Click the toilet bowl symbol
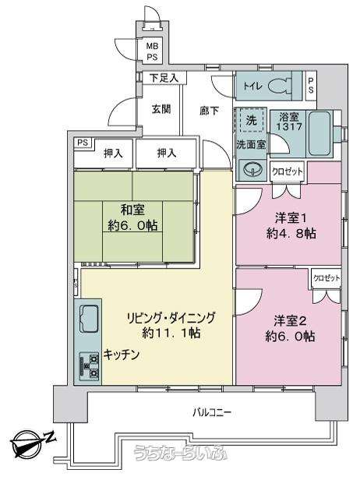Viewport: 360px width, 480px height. point(279,86)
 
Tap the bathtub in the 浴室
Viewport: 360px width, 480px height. point(319,133)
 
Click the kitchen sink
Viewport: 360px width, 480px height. point(88,319)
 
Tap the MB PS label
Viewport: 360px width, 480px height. point(152,51)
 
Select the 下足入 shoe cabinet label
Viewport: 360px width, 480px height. point(164,78)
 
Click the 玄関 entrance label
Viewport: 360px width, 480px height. point(161,109)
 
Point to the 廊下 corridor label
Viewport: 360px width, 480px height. point(209,111)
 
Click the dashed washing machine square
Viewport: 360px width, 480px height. point(252,120)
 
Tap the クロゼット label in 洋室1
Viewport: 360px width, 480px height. point(287,171)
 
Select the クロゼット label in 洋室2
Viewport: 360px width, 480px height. point(326,278)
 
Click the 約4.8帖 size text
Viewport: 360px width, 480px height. point(291,234)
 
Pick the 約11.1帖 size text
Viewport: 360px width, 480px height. point(171,333)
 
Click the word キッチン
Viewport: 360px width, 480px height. point(122,355)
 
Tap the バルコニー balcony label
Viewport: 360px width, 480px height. point(211,413)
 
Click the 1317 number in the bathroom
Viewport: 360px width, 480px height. point(289,126)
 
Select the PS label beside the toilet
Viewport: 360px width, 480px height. point(311,86)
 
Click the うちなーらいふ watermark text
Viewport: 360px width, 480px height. point(181,452)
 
